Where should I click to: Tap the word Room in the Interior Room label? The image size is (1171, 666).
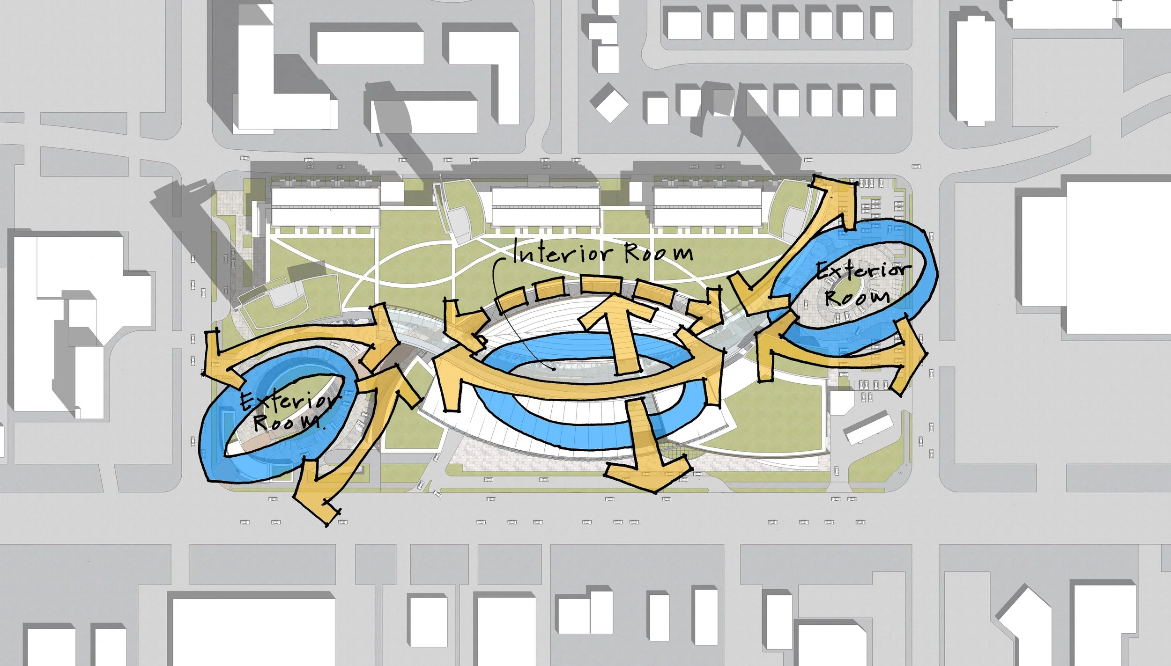[659, 253]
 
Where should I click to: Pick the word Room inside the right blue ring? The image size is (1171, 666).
[857, 297]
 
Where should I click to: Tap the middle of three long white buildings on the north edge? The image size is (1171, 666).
[546, 207]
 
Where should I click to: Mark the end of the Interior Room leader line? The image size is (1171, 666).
[555, 370]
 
